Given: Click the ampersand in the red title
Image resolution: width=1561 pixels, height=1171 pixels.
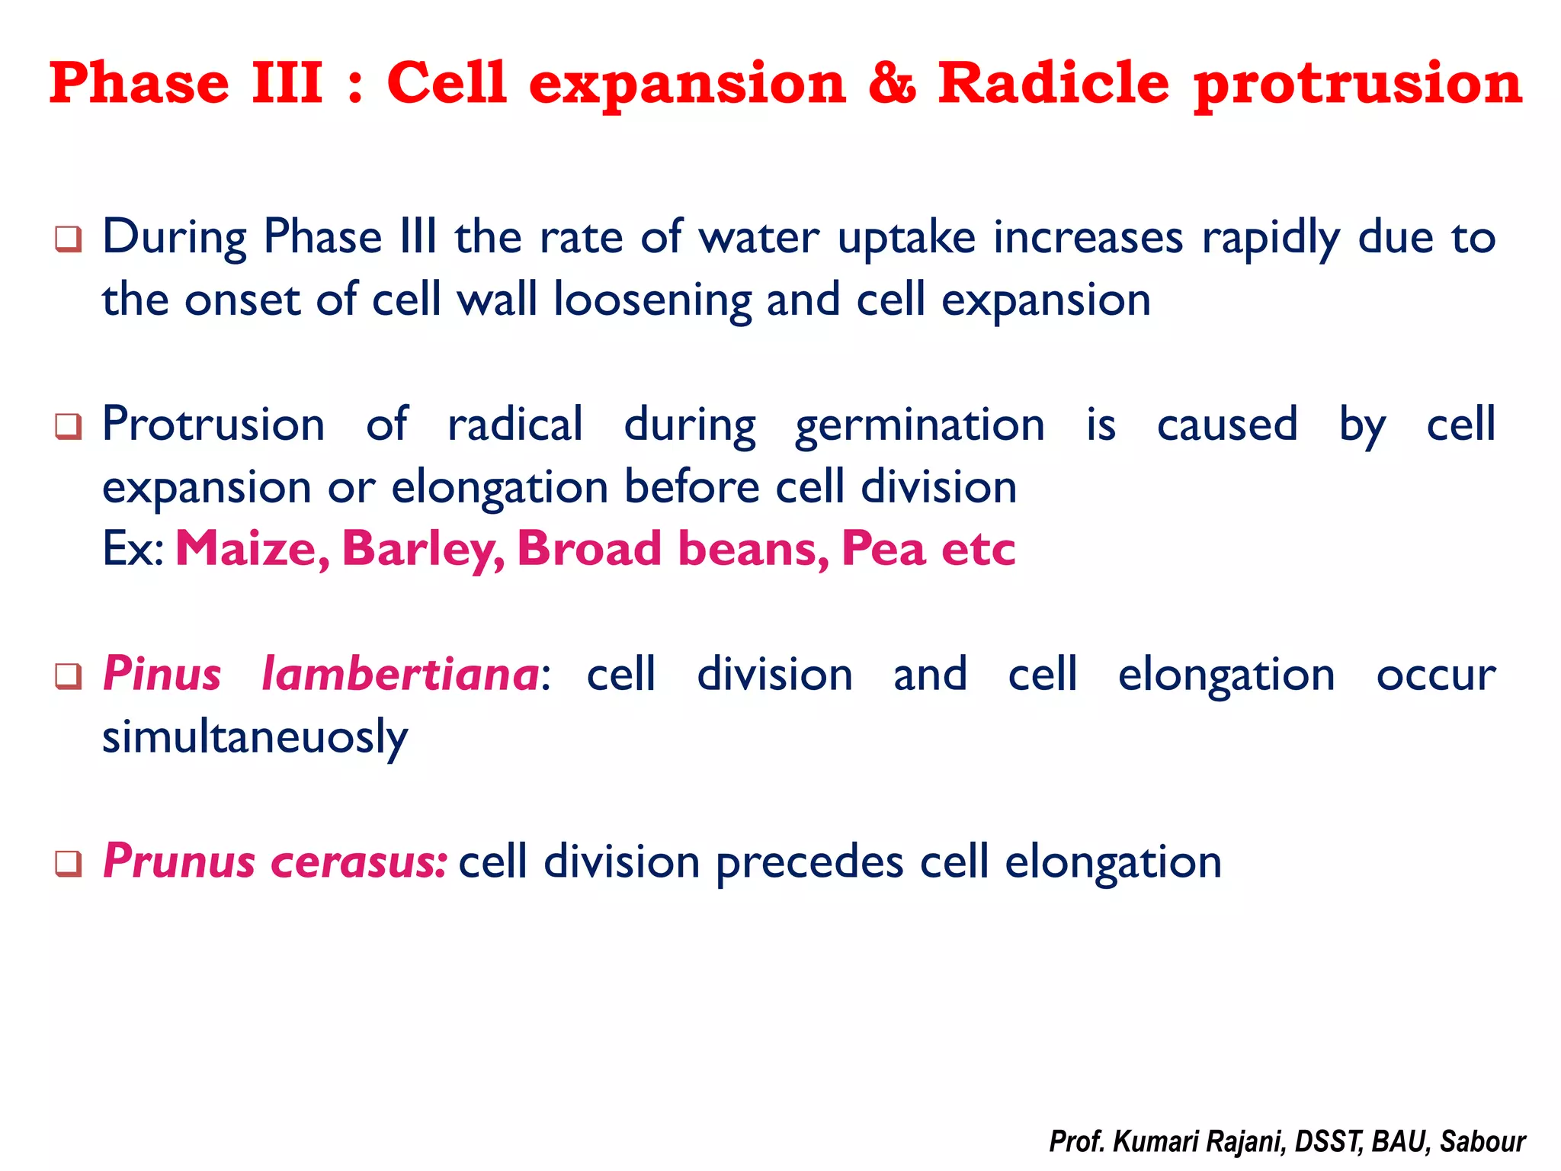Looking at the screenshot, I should click(x=891, y=83).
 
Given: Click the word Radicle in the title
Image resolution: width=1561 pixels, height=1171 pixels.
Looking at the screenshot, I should click(x=1053, y=83).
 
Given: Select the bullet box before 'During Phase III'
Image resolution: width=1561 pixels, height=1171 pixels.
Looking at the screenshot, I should click(x=69, y=239).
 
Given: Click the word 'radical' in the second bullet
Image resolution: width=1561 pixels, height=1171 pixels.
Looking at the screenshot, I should click(x=515, y=425).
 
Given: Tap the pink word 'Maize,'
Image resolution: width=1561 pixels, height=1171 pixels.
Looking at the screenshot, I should click(x=252, y=549).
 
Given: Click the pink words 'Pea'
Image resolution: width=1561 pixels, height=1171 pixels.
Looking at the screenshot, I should click(x=883, y=549).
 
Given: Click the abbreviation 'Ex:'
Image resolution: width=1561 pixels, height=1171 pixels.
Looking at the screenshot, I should click(x=133, y=549).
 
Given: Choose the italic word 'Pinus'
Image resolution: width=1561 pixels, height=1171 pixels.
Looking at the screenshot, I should click(x=162, y=675).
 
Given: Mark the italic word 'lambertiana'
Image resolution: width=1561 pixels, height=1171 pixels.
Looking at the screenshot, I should click(x=400, y=675).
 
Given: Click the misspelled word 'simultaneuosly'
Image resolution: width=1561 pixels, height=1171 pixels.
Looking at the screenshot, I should click(x=255, y=738).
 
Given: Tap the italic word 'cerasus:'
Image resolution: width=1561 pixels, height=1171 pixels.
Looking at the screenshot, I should click(x=359, y=862).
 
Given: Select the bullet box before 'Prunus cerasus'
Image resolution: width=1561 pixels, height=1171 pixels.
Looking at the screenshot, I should click(x=69, y=864).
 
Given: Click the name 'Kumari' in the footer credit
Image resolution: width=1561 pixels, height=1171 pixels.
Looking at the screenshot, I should click(x=1156, y=1142).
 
